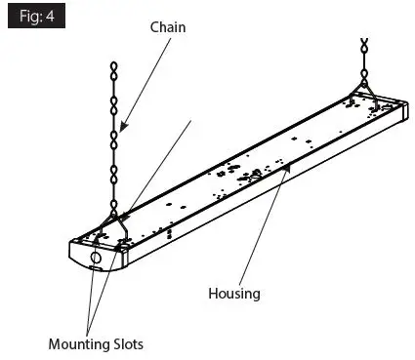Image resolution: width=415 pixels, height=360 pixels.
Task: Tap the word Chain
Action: (167, 27)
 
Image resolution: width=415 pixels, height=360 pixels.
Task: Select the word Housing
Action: (234, 292)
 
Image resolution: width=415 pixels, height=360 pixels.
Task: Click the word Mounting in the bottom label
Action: (78, 343)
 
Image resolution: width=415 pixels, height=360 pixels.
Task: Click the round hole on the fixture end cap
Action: (96, 260)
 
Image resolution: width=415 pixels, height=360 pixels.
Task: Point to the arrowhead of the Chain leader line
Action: (123, 128)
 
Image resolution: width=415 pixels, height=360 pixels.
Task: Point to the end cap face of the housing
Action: (93, 261)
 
